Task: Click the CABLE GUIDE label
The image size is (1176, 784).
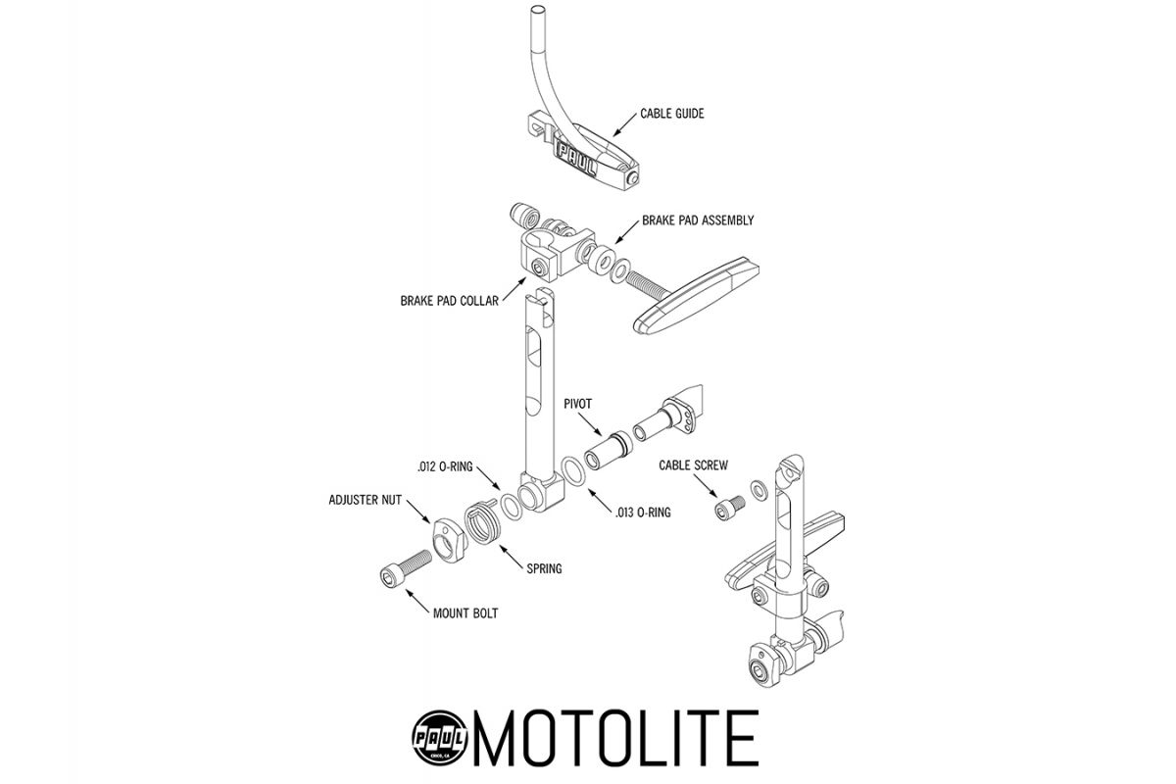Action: (672, 114)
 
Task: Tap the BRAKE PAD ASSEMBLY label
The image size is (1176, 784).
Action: (698, 220)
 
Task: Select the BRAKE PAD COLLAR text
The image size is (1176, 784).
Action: (450, 301)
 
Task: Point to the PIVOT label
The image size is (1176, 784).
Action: (577, 404)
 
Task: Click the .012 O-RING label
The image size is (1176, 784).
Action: (445, 466)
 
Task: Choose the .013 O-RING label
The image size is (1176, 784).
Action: (643, 513)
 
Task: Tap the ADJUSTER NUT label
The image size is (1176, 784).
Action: (365, 500)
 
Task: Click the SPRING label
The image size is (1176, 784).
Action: (544, 568)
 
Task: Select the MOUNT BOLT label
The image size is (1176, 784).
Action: (465, 613)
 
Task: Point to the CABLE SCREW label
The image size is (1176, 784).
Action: (693, 465)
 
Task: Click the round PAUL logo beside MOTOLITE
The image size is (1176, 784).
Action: (439, 738)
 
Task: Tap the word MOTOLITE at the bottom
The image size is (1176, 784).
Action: (616, 738)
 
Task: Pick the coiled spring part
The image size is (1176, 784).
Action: (482, 523)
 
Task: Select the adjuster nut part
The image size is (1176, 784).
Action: (449, 540)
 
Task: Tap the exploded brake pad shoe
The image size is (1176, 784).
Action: (696, 295)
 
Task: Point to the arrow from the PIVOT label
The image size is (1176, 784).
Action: (590, 424)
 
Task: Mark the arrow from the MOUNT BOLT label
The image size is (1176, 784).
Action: (417, 602)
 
